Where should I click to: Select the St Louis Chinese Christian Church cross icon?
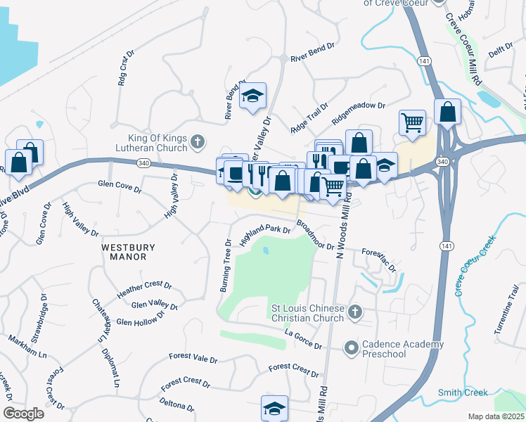pyautogui.click(x=356, y=311)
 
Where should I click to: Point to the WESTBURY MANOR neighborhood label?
pyautogui.click(x=123, y=252)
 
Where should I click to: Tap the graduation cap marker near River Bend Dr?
pyautogui.click(x=252, y=97)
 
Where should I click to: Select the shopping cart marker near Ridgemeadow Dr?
pyautogui.click(x=413, y=122)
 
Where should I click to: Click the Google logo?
pyautogui.click(x=23, y=413)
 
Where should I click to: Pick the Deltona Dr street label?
pyautogui.click(x=177, y=405)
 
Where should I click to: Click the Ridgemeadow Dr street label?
pyautogui.click(x=359, y=107)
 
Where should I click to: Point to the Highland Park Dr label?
pyautogui.click(x=265, y=234)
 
